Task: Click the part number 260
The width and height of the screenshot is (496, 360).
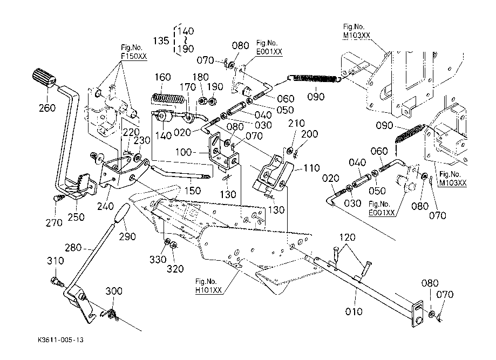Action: pos(47,107)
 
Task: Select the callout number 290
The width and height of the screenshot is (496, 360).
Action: pos(127,237)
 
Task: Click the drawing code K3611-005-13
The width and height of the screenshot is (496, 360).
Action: pos(61,341)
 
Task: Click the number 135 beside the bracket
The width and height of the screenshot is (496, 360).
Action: pos(161,40)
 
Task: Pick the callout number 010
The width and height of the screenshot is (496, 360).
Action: pos(354,311)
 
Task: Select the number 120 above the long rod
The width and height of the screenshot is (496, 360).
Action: pos(348,237)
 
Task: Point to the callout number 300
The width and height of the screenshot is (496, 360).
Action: pos(113,291)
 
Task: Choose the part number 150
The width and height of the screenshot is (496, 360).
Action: pos(193,191)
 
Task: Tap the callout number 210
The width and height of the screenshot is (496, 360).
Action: pos(293,124)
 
